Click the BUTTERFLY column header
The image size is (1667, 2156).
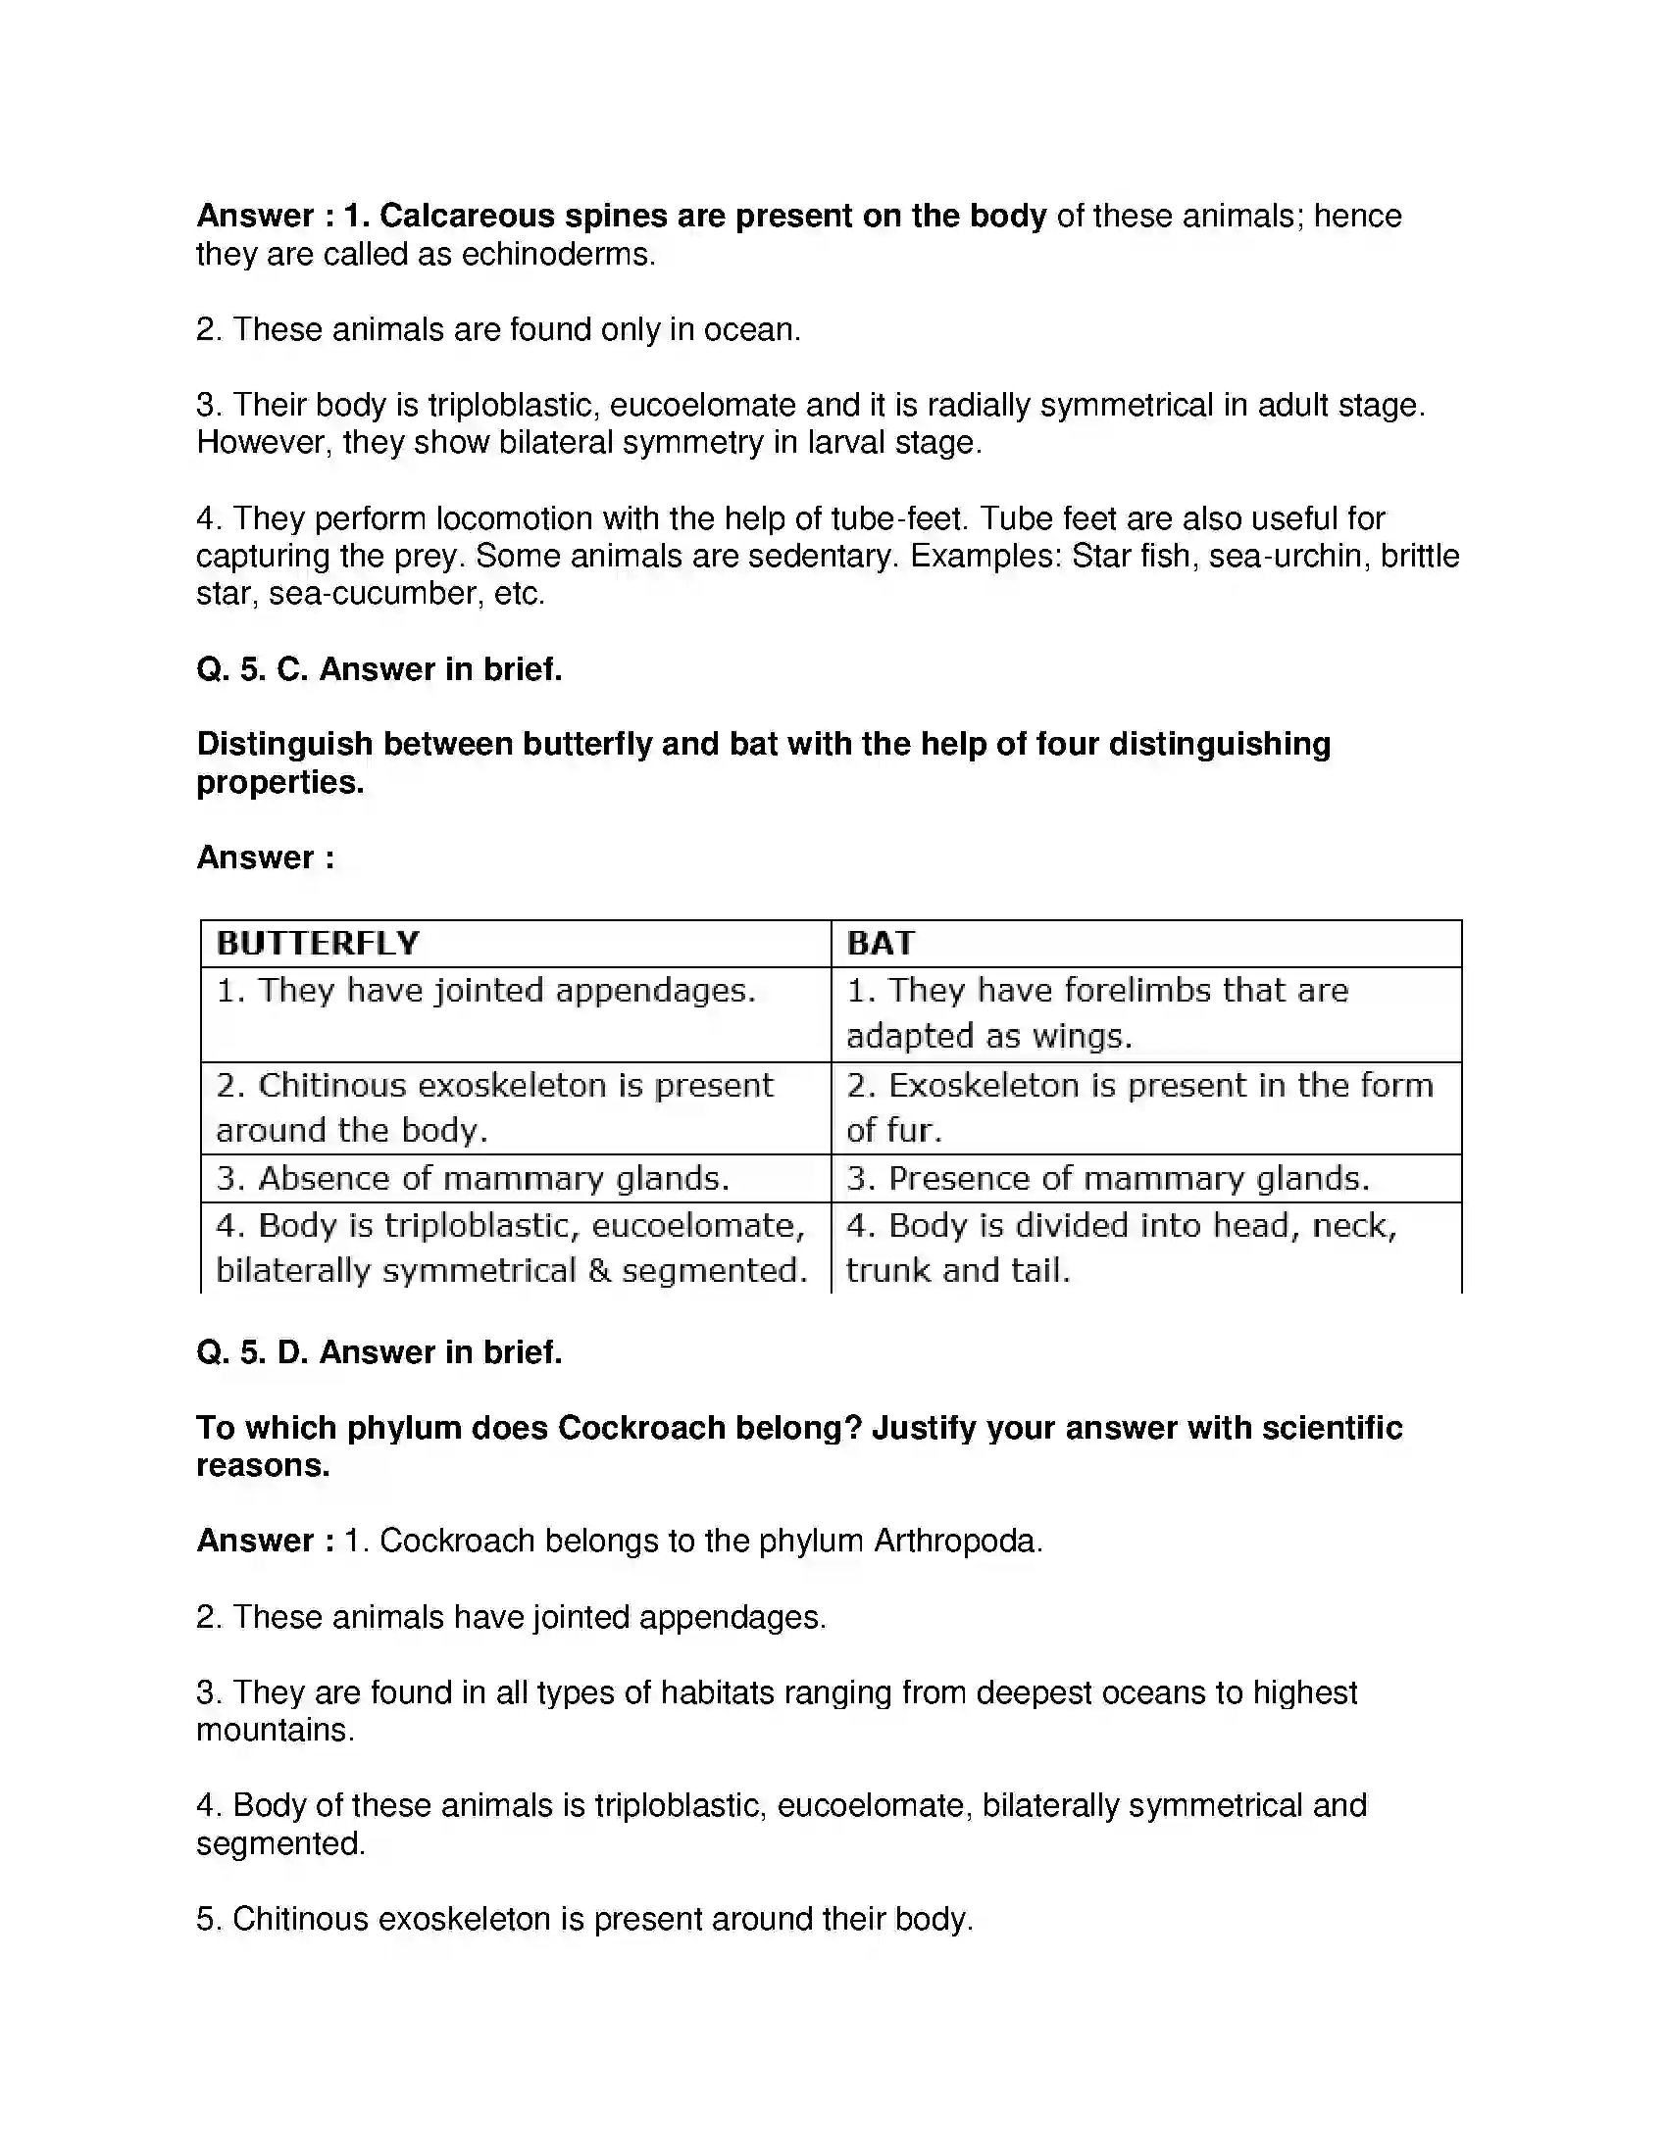(x=318, y=944)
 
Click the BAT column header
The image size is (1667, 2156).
(x=880, y=944)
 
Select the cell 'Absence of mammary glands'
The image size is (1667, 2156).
(x=473, y=1178)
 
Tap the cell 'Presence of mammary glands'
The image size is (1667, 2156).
(x=1108, y=1178)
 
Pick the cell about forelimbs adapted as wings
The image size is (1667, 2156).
(x=1096, y=1013)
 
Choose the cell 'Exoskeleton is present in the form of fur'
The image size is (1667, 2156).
(x=1138, y=1107)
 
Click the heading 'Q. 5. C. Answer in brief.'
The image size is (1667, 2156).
(x=379, y=669)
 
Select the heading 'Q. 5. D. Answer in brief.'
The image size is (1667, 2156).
(x=379, y=1352)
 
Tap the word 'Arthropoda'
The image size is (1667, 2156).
(x=956, y=1541)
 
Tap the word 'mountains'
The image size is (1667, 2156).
(x=273, y=1731)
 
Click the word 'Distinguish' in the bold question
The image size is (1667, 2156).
(x=284, y=745)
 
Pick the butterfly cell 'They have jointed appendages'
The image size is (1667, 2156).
(x=485, y=990)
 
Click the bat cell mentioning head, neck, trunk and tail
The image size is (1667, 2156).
(x=1121, y=1248)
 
